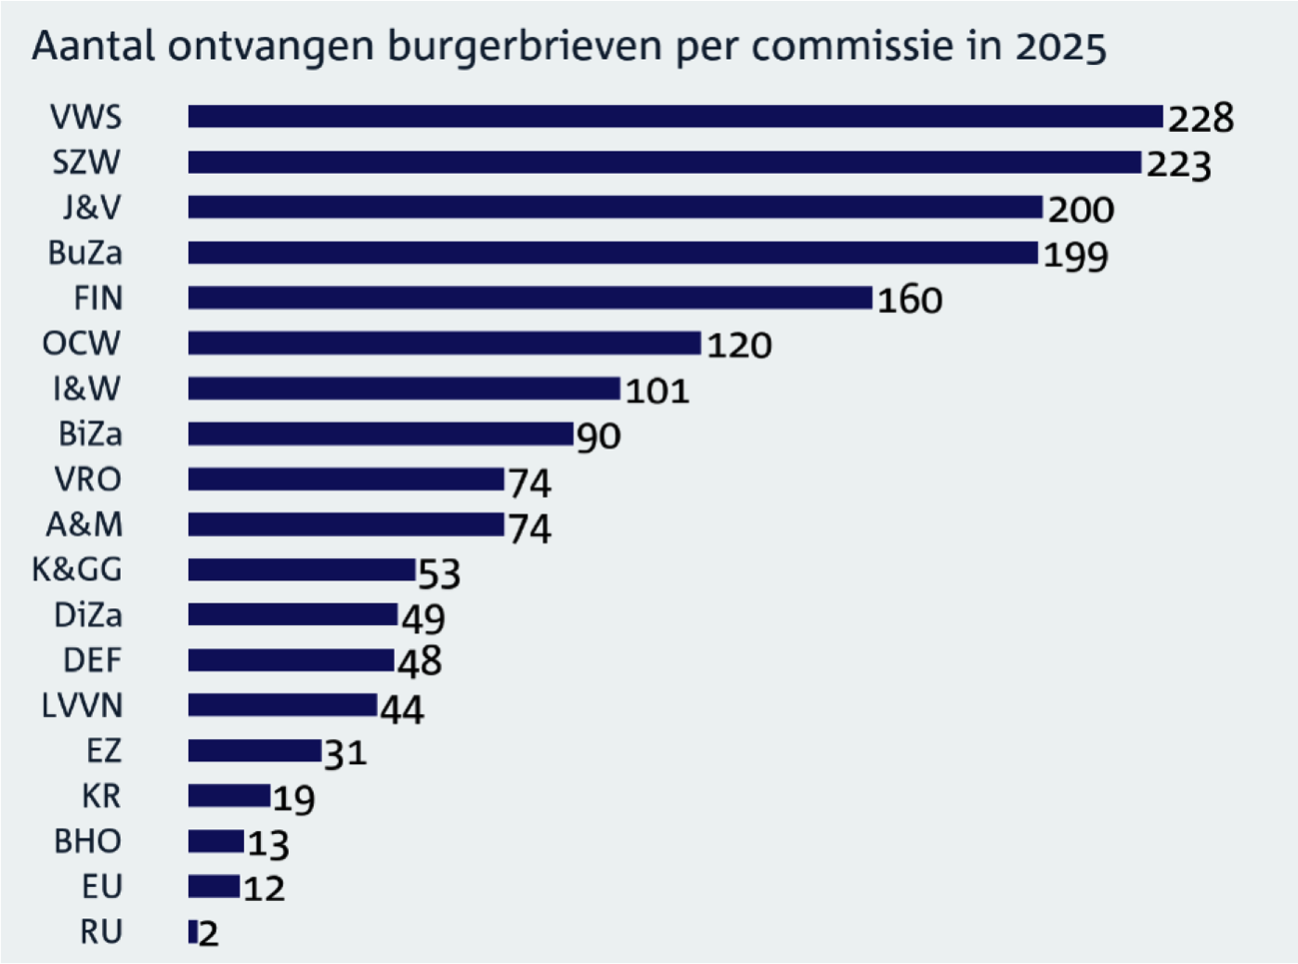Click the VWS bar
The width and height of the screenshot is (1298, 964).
[675, 117]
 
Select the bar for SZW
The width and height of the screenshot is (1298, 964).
[664, 162]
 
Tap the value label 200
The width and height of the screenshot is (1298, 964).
[1081, 210]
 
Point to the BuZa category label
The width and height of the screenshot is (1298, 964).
[86, 253]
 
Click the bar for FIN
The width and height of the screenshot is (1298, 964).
[531, 298]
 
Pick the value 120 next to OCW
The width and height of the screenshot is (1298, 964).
[739, 346]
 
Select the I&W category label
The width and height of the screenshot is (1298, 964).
[87, 389]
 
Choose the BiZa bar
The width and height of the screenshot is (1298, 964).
[381, 435]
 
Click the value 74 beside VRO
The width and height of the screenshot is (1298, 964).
[531, 483]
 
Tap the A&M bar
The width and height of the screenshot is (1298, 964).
[346, 524]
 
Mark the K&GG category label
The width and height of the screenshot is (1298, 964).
[77, 569]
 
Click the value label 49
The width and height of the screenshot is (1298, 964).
[424, 619]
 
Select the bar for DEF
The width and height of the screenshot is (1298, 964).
[291, 660]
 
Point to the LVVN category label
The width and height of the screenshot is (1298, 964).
[82, 705]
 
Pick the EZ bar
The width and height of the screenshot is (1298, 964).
[255, 750]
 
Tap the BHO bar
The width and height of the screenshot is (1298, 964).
[216, 841]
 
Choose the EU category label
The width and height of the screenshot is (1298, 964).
[102, 886]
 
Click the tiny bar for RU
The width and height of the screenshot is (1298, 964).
[193, 931]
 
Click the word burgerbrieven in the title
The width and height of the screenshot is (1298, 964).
[525, 47]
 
